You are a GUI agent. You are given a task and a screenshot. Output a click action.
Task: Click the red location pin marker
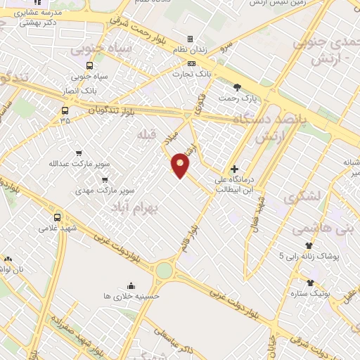[181, 165]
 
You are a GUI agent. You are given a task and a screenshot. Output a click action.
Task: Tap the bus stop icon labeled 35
[65, 110]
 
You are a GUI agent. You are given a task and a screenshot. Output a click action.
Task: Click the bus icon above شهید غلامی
[57, 217]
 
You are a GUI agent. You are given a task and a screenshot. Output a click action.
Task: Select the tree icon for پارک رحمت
[237, 87]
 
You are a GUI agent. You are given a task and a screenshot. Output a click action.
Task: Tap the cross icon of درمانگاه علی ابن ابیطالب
[234, 169]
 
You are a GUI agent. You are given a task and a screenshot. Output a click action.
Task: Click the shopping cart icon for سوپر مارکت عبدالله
[79, 153]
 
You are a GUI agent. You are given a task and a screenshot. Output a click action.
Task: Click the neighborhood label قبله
[146, 134]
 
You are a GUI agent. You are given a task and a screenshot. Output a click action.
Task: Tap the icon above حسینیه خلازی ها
[130, 285]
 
